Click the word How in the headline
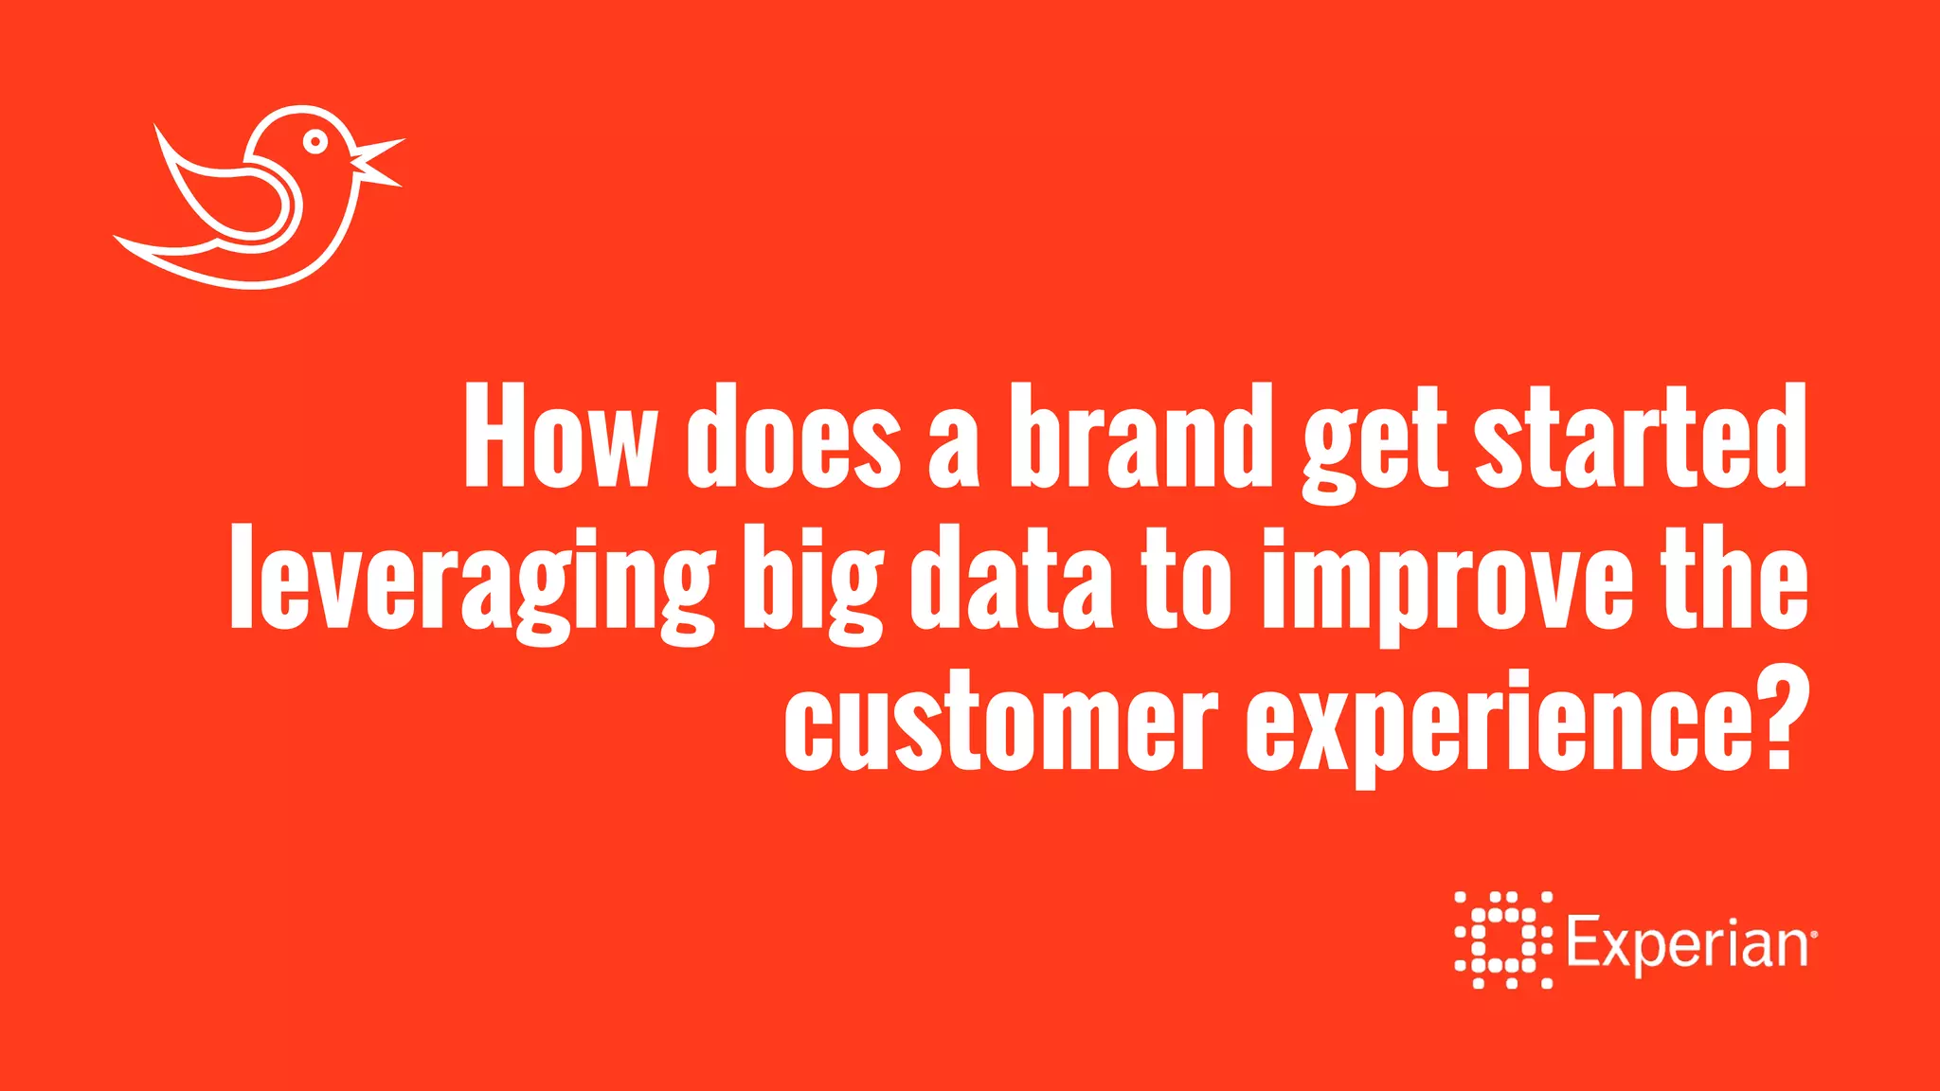pyautogui.click(x=559, y=437)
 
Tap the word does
pyautogui.click(x=794, y=437)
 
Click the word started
pyautogui.click(x=1641, y=437)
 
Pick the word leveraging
pyautogui.click(x=472, y=582)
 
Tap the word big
pyautogui.click(x=813, y=582)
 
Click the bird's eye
pyautogui.click(x=315, y=142)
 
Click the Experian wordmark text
pyautogui.click(x=1686, y=943)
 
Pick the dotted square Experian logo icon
pyautogui.click(x=1503, y=939)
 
